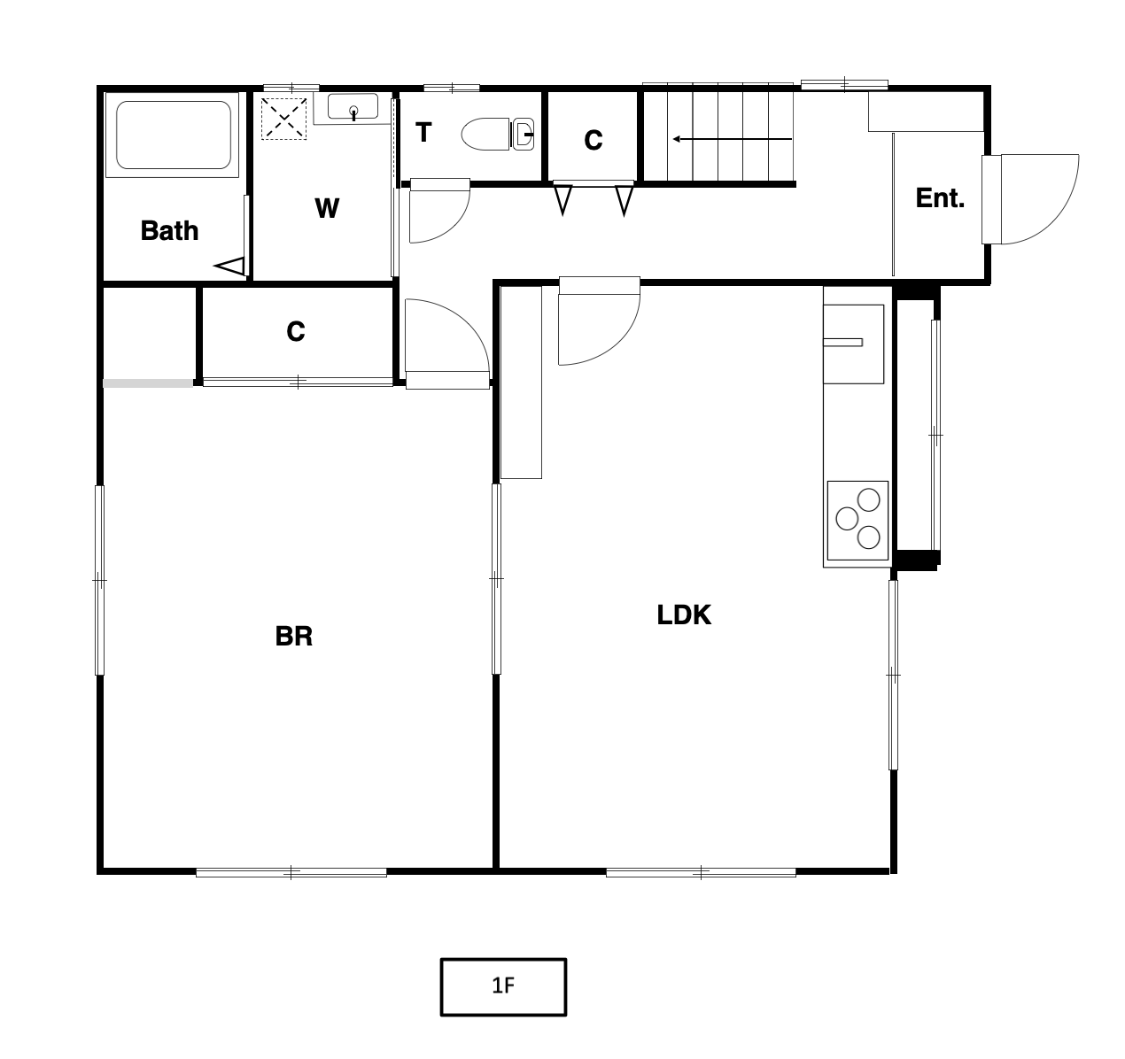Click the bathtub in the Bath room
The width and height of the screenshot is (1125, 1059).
pyautogui.click(x=174, y=135)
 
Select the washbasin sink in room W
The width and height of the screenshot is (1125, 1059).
pyautogui.click(x=353, y=106)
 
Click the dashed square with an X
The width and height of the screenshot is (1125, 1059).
pyautogui.click(x=283, y=119)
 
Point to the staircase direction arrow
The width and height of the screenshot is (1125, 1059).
pyautogui.click(x=732, y=139)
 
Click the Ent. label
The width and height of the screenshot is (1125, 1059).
pyautogui.click(x=940, y=198)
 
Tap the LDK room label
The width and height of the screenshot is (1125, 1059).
pyautogui.click(x=684, y=615)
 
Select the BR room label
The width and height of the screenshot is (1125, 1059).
pyautogui.click(x=293, y=636)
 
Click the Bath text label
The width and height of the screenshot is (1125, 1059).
pyautogui.click(x=169, y=230)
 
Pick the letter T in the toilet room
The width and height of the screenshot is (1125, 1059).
pyautogui.click(x=423, y=133)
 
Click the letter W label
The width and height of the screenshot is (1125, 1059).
pyautogui.click(x=327, y=208)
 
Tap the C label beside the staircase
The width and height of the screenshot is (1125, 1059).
pyautogui.click(x=594, y=141)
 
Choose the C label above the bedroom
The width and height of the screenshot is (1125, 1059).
pyautogui.click(x=296, y=331)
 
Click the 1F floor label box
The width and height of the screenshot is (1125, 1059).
pyautogui.click(x=503, y=986)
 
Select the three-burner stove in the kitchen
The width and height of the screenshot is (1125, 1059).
pyautogui.click(x=857, y=520)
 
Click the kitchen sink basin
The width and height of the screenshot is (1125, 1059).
pyautogui.click(x=854, y=344)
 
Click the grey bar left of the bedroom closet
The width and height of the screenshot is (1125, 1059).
pyautogui.click(x=148, y=383)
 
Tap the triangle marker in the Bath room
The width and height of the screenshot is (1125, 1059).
pyautogui.click(x=229, y=266)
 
